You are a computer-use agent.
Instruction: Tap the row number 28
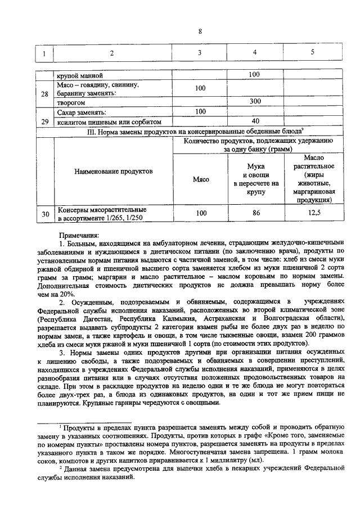pos(44,93)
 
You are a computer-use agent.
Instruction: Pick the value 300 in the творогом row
pos(255,102)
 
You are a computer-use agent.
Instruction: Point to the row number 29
pos(44,120)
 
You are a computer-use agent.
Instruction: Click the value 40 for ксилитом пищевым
pos(255,121)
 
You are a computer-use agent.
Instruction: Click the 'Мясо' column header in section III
pos(201,179)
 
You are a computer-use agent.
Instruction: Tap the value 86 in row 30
pos(255,213)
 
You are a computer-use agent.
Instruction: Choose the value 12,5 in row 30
pos(312,213)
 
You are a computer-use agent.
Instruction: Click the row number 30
pos(44,214)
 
